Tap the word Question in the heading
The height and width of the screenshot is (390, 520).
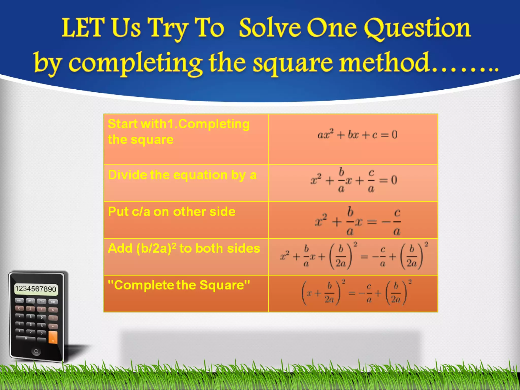click(x=417, y=28)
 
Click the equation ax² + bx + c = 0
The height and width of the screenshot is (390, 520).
click(x=357, y=135)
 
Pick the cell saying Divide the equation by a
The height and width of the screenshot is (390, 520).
click(x=182, y=175)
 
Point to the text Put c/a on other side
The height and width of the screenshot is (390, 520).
click(x=172, y=212)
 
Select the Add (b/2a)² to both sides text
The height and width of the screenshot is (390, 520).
click(x=184, y=249)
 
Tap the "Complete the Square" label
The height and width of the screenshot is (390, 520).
click(x=179, y=285)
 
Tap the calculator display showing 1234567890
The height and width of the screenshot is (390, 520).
click(x=36, y=289)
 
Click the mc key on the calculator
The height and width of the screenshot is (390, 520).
click(x=19, y=301)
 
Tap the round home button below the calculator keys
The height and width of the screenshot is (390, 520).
click(x=36, y=351)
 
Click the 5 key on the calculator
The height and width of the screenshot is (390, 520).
click(x=31, y=324)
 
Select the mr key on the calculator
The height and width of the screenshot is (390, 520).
click(x=53, y=302)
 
